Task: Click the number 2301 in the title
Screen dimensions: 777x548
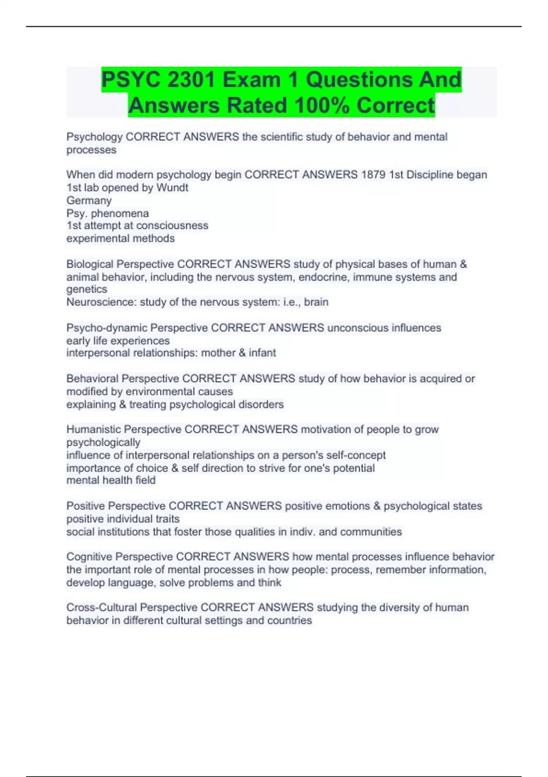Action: click(191, 80)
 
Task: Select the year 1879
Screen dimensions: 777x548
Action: click(373, 175)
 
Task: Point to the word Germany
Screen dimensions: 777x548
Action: click(89, 200)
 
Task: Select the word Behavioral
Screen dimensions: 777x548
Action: click(93, 378)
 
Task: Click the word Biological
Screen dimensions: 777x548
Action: click(90, 264)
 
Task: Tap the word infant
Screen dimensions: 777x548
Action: click(262, 353)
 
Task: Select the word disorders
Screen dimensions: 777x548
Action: click(261, 404)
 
